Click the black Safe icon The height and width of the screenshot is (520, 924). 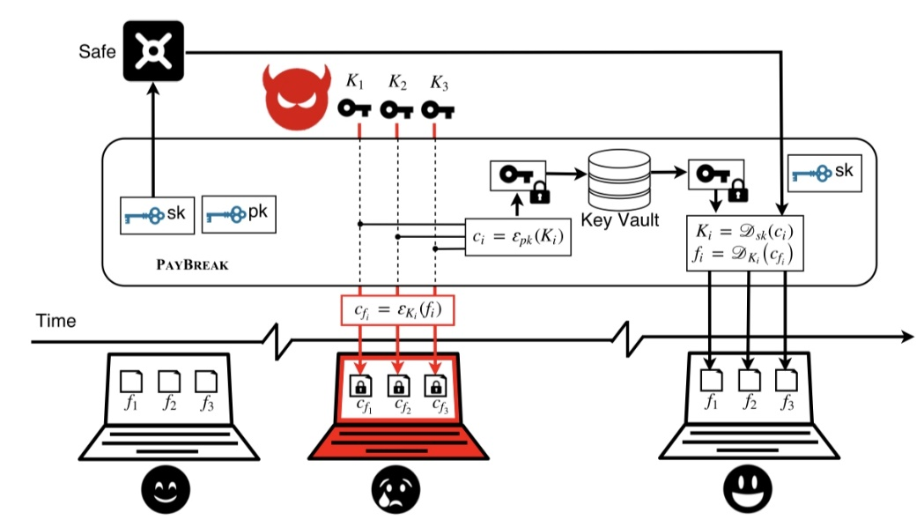point(153,51)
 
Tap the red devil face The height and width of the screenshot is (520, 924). point(296,97)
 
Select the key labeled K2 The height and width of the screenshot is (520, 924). point(396,109)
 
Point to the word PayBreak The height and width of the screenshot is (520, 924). point(192,264)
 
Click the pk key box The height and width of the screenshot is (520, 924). point(239,214)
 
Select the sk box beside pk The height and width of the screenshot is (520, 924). point(157,215)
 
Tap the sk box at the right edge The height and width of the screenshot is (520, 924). point(824,173)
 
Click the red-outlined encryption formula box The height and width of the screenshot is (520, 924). point(398,310)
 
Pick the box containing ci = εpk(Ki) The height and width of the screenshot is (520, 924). point(518,237)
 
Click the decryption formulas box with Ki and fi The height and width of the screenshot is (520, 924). point(745,243)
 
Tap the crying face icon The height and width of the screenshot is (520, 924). point(396,489)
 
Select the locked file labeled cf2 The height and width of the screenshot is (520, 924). point(398,385)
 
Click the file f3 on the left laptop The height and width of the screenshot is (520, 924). point(205,382)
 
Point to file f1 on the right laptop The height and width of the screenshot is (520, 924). point(711,380)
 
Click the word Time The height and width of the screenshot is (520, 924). point(56,321)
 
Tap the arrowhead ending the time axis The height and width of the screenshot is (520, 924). point(908,337)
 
